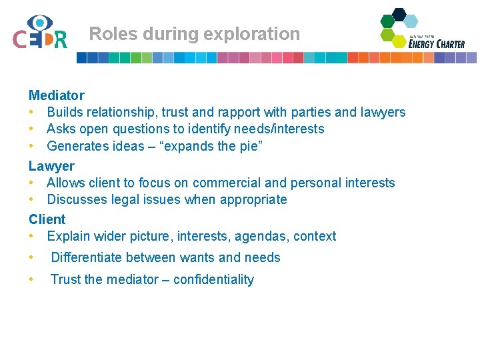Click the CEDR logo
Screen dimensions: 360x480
[x=39, y=33]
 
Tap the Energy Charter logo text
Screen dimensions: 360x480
[x=437, y=43]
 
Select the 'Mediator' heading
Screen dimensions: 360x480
[x=56, y=95]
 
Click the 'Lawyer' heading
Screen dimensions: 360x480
[x=51, y=166]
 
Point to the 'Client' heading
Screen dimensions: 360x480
[x=47, y=219]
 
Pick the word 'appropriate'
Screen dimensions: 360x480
[x=253, y=199]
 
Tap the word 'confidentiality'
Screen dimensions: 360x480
[x=213, y=279]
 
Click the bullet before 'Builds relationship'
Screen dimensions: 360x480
[x=31, y=113]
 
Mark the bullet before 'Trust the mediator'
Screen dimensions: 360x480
[x=31, y=279]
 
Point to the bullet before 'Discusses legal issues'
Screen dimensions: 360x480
[x=31, y=199]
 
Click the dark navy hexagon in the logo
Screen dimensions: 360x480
[x=399, y=14]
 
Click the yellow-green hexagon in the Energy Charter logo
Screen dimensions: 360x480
[x=399, y=41]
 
